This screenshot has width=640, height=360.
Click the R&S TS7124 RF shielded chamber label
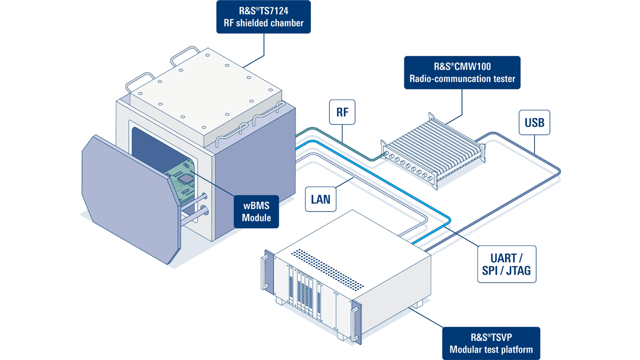(263, 17)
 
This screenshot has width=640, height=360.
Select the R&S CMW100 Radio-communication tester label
(462, 72)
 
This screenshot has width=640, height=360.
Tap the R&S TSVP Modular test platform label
(491, 343)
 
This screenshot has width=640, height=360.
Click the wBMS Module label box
(256, 211)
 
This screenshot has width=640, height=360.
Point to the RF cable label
(342, 112)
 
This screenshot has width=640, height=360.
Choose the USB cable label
(534, 122)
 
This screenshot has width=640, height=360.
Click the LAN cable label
(320, 199)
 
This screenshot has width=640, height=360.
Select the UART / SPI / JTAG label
(506, 264)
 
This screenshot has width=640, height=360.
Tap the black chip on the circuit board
(186, 178)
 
